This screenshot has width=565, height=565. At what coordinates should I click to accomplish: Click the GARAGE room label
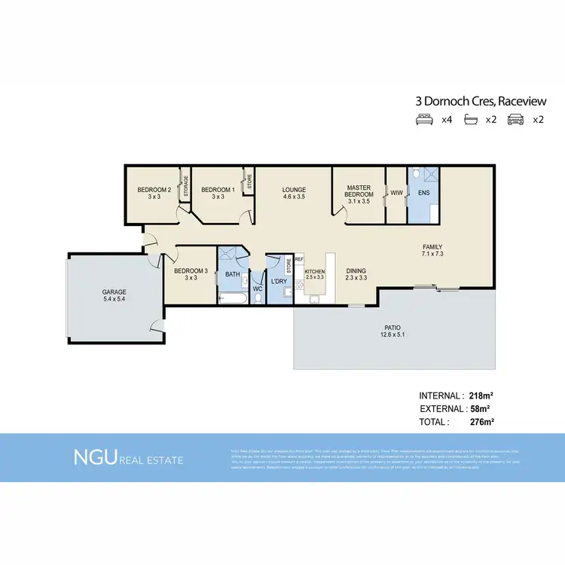115,292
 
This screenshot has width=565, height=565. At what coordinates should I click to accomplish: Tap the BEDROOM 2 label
152,190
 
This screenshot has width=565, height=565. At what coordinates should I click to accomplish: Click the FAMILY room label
432,247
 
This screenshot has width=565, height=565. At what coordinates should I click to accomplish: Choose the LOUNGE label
294,190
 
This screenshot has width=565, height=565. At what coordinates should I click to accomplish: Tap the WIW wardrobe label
396,193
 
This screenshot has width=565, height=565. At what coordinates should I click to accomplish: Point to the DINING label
356,270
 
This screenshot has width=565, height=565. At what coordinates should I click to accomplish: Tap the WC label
257,288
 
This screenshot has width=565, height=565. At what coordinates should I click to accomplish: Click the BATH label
232,274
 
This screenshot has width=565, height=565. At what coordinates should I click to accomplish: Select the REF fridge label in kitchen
298,259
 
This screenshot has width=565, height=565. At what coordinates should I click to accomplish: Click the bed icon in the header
424,119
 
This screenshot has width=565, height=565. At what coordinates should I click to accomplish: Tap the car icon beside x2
515,119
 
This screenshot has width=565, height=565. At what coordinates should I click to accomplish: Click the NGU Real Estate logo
127,457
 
